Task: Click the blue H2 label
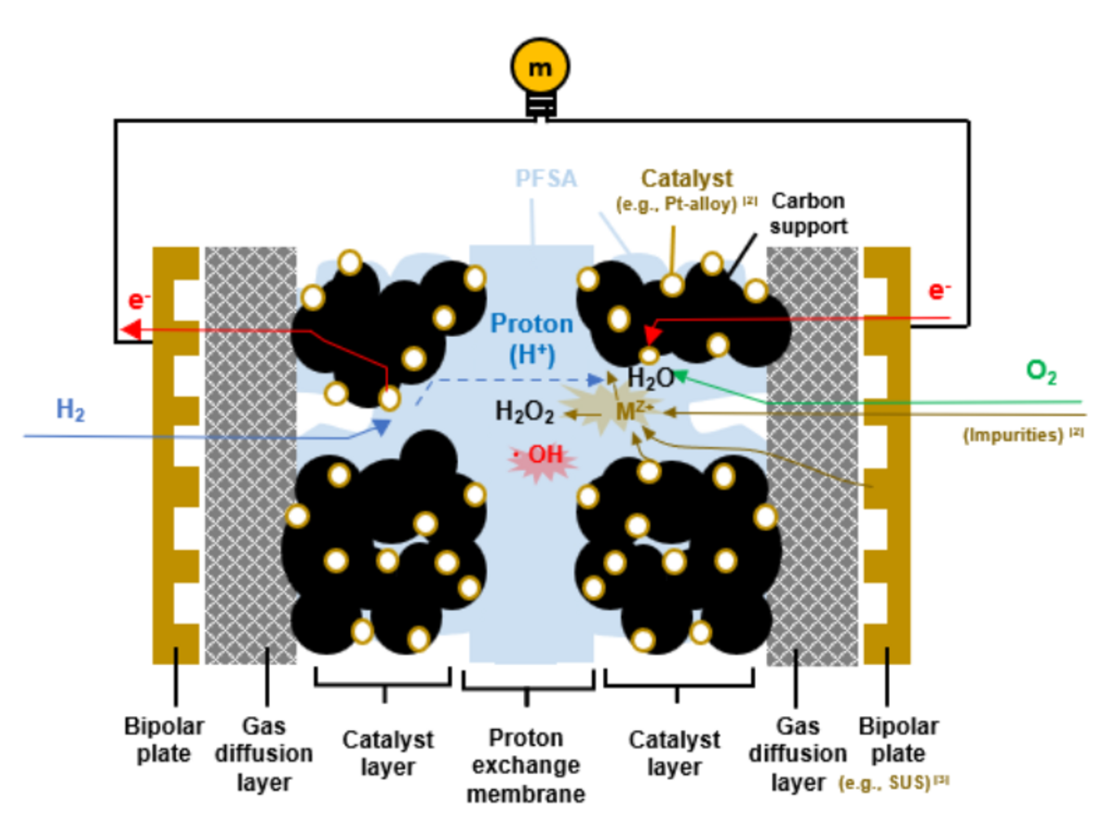click(70, 410)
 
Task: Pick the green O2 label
click(1041, 372)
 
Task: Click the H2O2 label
click(524, 411)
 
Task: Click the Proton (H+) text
click(532, 337)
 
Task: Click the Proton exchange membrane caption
click(526, 765)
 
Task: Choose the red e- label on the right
click(940, 291)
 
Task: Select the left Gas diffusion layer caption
click(263, 753)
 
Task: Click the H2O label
click(651, 377)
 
